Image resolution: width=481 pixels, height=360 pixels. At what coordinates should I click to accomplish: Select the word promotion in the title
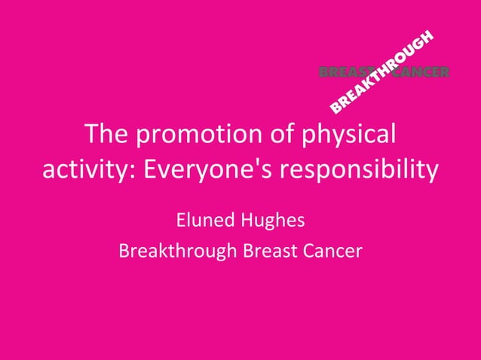(198, 136)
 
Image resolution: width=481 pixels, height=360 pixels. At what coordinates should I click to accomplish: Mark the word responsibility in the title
(360, 170)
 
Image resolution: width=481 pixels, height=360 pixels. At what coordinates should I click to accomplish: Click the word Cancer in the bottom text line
(333, 251)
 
